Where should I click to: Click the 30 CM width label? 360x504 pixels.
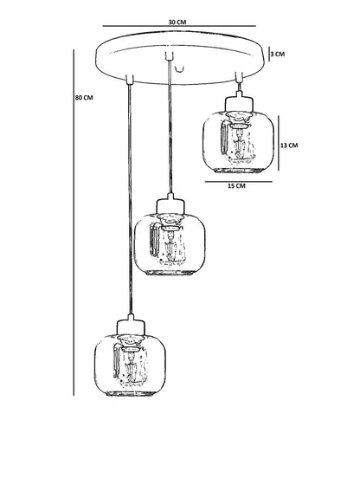tap(177, 23)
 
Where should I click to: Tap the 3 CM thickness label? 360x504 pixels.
tap(278, 54)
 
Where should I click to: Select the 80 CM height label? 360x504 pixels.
tap(84, 97)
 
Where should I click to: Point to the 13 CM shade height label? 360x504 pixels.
tap(289, 145)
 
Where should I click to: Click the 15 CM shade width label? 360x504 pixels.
tap(236, 186)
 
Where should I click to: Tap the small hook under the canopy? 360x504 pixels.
tap(179, 68)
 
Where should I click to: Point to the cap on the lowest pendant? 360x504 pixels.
tap(131, 326)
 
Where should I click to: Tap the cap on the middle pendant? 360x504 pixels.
tap(170, 204)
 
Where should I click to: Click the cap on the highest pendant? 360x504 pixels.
tap(239, 102)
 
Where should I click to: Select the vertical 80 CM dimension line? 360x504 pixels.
tap(74, 223)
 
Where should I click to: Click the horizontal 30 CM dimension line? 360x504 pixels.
tap(179, 26)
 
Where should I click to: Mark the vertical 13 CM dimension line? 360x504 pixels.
tap(279, 144)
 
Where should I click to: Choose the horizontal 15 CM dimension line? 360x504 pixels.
tap(239, 182)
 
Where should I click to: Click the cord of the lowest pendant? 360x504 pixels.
tap(130, 198)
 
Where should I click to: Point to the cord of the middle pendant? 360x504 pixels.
tap(170, 126)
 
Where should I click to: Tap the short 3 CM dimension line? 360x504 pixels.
tap(269, 54)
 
